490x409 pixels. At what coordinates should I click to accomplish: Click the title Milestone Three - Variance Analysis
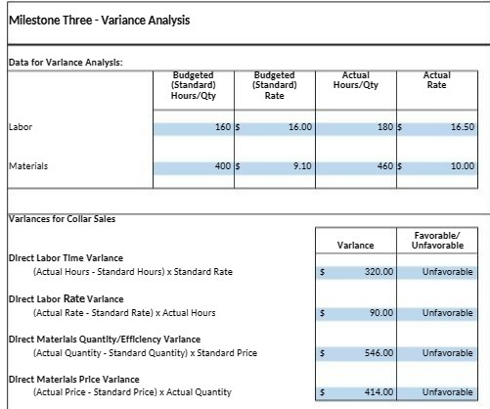pyautogui.click(x=86, y=21)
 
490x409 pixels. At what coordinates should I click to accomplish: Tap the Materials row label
pyautogui.click(x=27, y=166)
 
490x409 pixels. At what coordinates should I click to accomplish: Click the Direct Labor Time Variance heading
pyautogui.click(x=65, y=257)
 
